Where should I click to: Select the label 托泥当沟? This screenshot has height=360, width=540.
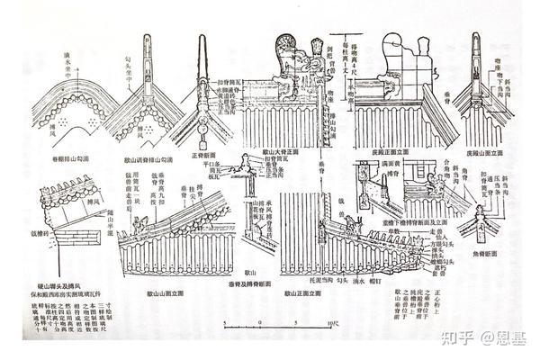(x=315, y=276)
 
